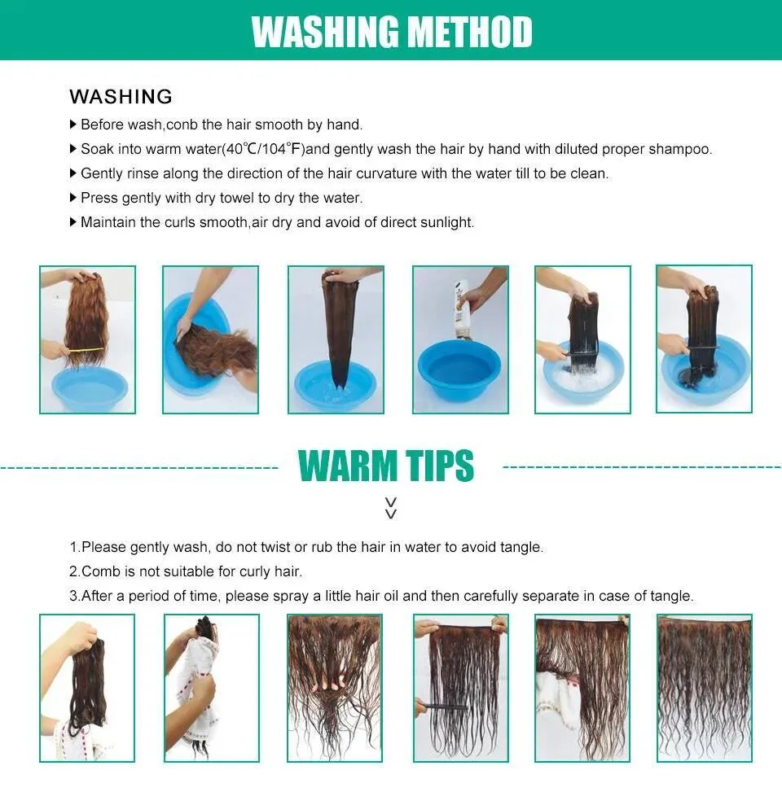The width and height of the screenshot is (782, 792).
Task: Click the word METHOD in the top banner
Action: point(469,32)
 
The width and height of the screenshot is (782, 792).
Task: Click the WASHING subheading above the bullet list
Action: point(121,97)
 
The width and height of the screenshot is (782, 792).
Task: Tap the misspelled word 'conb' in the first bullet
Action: point(182,125)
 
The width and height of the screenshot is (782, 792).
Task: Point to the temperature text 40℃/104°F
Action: point(263,149)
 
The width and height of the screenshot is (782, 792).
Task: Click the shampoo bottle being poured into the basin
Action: point(463,309)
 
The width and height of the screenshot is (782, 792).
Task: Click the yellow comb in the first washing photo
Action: point(86,349)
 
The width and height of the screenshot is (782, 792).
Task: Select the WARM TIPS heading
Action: point(386,466)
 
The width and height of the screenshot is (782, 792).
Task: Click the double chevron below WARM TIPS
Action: point(391,508)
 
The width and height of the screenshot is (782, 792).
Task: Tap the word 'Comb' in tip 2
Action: point(100,571)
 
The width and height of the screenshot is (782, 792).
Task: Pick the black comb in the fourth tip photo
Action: point(441,706)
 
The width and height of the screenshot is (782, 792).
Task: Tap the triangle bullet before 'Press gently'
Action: point(72,198)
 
